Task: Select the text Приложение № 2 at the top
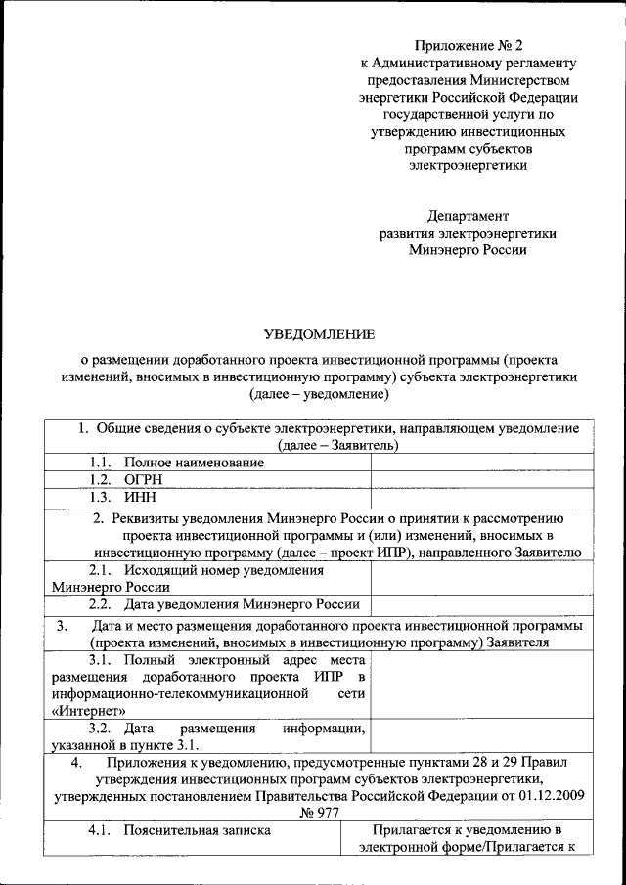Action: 469,46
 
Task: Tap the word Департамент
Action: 468,215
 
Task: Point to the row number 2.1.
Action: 101,569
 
